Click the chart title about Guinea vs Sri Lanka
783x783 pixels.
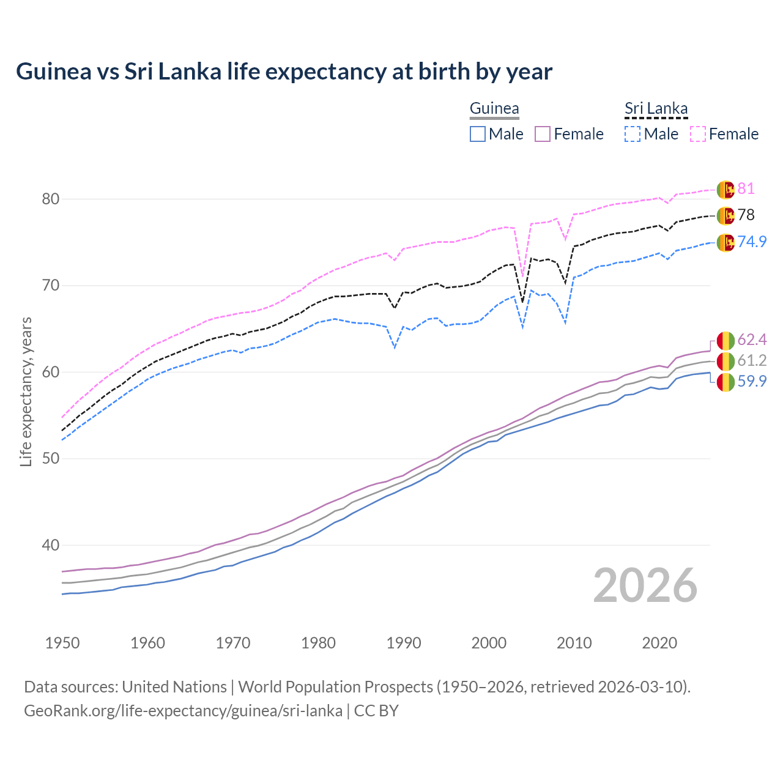click(x=284, y=72)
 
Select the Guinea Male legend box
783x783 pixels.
click(x=478, y=134)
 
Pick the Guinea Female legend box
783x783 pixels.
click(x=543, y=134)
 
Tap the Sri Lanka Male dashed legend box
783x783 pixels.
click(x=633, y=134)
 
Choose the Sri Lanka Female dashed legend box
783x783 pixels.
click(x=698, y=134)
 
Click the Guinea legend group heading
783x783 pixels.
click(x=494, y=109)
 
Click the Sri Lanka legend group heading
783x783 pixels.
click(x=656, y=109)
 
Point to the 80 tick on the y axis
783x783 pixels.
click(x=51, y=199)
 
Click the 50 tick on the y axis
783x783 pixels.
click(x=51, y=459)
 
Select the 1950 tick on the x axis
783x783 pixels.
click(x=62, y=643)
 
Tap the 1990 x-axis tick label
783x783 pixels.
click(x=404, y=643)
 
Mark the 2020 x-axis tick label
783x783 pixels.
click(x=659, y=643)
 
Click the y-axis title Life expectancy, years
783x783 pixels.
click(x=26, y=391)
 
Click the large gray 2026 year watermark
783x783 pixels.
click(x=645, y=585)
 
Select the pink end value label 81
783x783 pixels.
click(x=746, y=188)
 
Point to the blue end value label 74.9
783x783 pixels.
click(x=752, y=242)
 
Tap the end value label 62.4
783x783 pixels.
click(x=752, y=340)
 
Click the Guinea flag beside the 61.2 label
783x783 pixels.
click(x=725, y=361)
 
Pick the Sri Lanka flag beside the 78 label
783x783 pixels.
click(x=725, y=215)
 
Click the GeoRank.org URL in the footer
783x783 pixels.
click(x=183, y=711)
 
